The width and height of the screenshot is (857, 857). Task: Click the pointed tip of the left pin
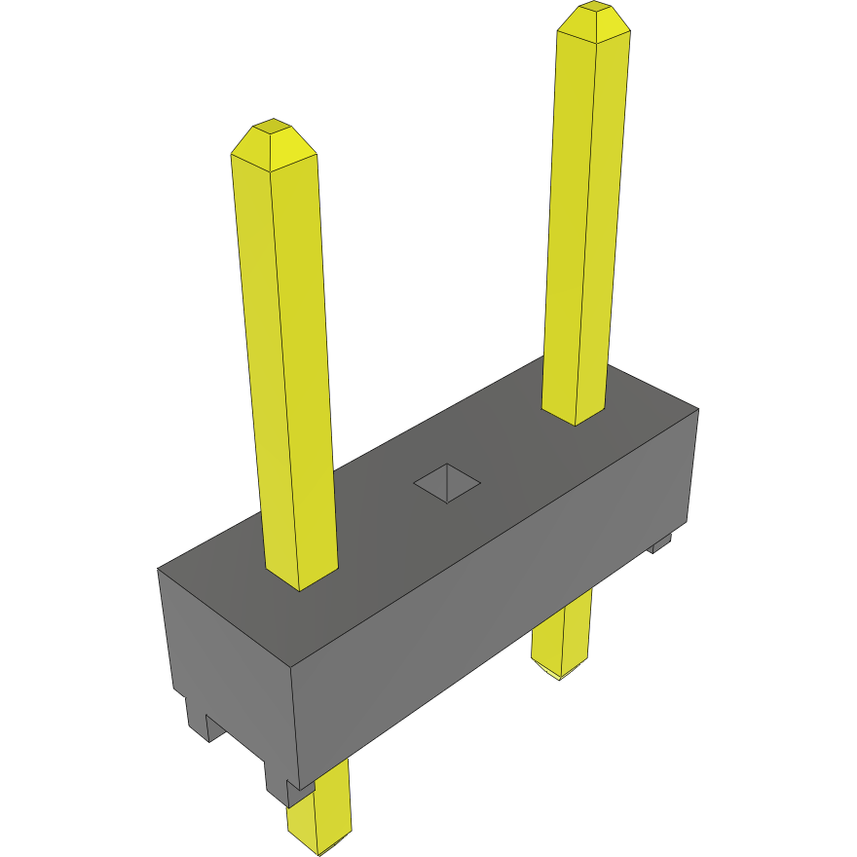point(273,136)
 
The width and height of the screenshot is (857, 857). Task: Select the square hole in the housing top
point(447,482)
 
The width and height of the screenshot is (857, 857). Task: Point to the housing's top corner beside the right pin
point(698,409)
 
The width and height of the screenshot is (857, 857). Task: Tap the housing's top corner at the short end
point(159,568)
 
